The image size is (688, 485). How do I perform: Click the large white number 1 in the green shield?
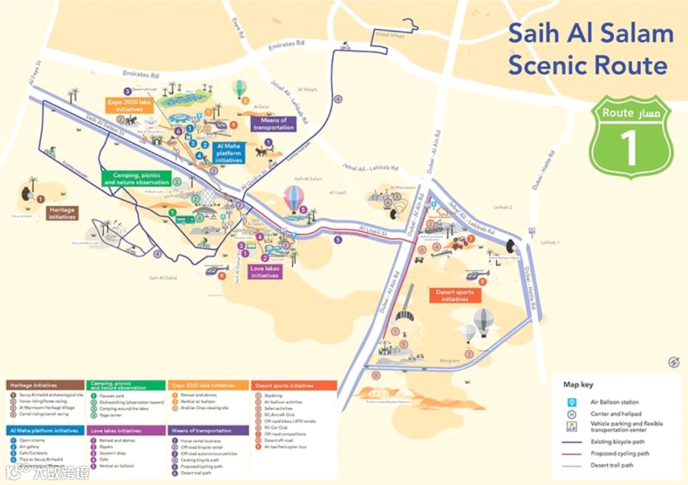pos(629,147)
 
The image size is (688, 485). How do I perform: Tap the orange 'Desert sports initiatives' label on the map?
pos(455,296)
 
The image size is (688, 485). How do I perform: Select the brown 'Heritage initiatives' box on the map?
pos(62,213)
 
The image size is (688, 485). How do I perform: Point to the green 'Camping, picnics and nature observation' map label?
pos(136,178)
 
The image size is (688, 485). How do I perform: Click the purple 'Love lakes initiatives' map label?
pos(264,272)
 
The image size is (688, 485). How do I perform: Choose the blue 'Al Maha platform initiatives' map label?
pos(229,154)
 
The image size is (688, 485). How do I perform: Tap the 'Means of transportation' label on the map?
pos(274,124)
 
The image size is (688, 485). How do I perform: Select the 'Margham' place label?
pos(449,361)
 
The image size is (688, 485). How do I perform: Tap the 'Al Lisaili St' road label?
pos(373,229)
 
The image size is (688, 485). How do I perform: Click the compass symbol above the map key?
pos(673,362)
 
